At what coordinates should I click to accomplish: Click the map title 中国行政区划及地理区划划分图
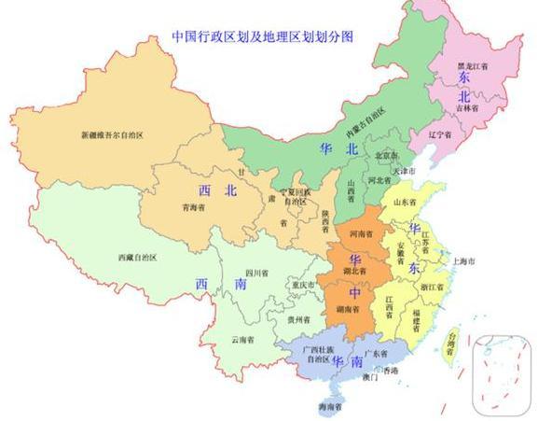(263, 36)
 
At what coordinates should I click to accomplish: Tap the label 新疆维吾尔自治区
(112, 135)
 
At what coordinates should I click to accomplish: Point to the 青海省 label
(194, 208)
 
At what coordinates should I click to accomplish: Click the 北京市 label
(385, 155)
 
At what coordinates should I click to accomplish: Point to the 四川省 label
(258, 274)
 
